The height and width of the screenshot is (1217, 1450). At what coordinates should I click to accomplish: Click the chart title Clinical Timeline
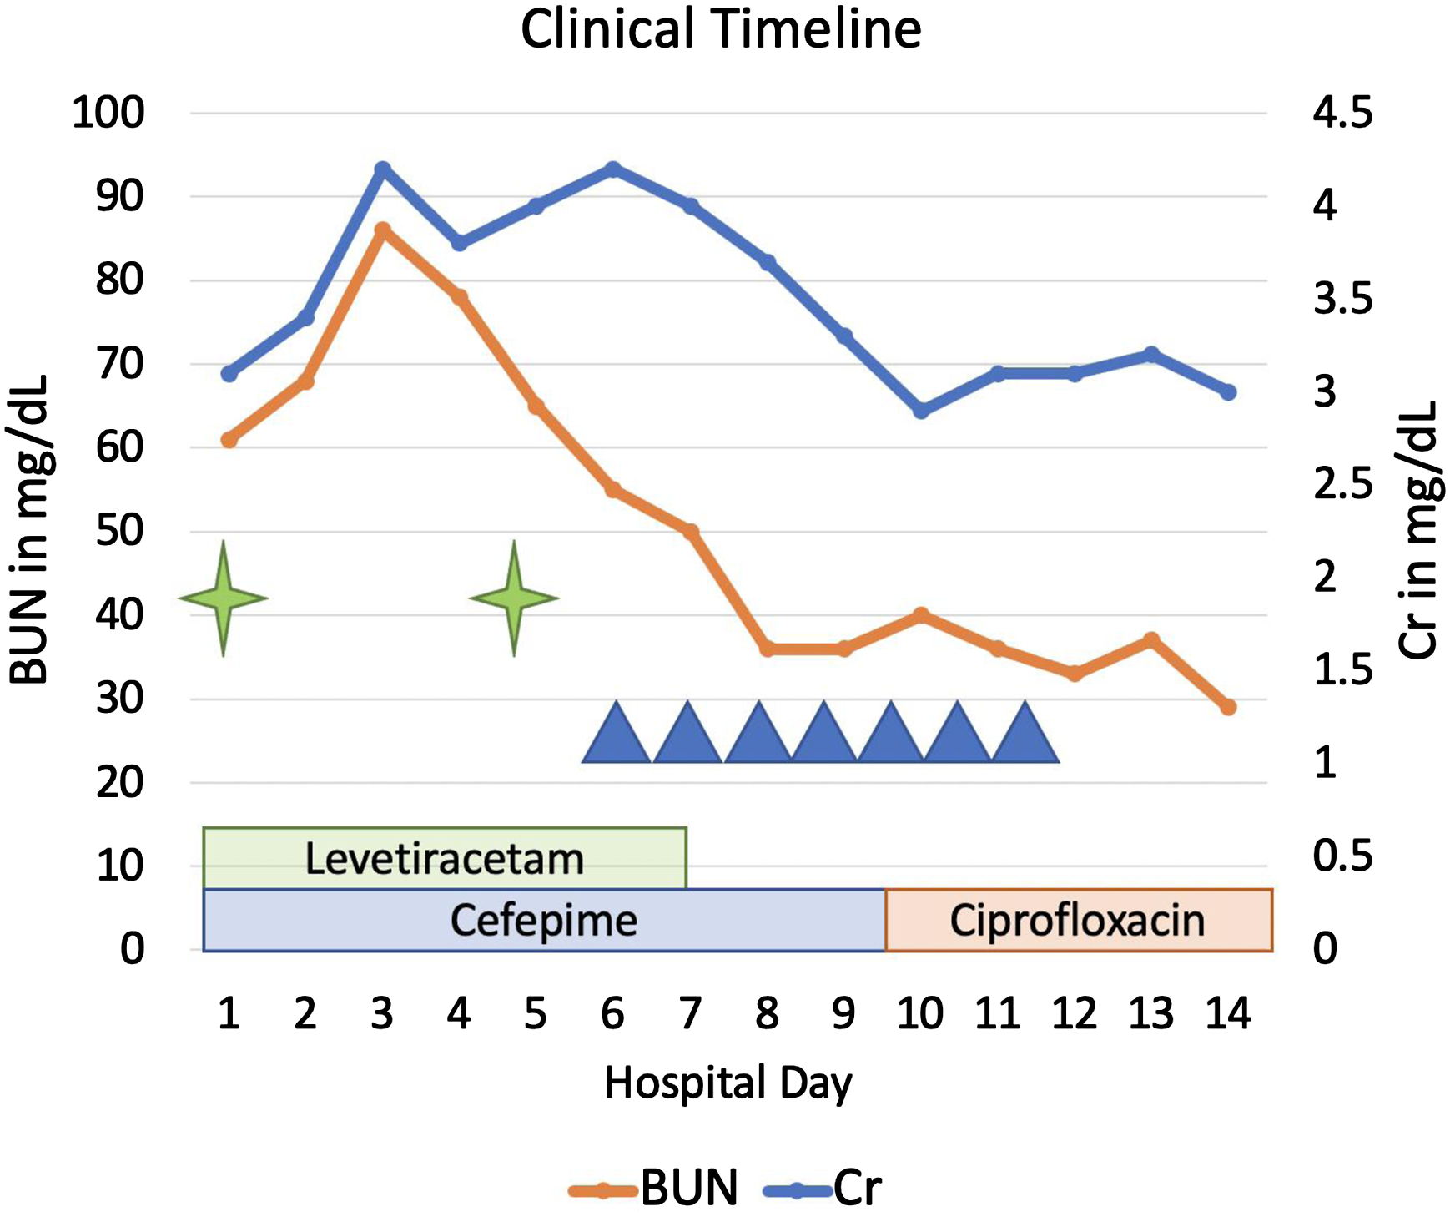(x=721, y=29)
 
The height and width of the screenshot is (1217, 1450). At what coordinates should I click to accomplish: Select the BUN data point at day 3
(x=382, y=230)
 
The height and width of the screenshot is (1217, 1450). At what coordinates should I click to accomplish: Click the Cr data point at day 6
(x=613, y=169)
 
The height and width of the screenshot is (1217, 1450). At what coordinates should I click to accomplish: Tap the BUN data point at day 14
(x=1228, y=707)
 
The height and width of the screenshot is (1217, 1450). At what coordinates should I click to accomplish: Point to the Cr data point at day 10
(x=921, y=411)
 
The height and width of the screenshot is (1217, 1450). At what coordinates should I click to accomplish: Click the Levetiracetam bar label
(x=444, y=859)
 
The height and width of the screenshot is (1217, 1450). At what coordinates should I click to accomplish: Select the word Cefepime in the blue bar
(x=544, y=921)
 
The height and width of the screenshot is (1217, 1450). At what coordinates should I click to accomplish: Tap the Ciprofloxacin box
(x=1079, y=921)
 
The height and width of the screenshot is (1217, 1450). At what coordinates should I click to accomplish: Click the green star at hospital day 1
(x=223, y=598)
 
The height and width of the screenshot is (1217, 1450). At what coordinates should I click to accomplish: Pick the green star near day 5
(x=514, y=598)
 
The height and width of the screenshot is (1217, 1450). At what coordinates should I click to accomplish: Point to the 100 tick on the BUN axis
(x=108, y=113)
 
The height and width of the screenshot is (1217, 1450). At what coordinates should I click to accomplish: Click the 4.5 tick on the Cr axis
(x=1342, y=113)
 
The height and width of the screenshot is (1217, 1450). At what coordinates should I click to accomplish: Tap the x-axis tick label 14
(x=1228, y=1013)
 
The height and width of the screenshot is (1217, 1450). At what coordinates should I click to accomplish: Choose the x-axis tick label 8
(x=767, y=1013)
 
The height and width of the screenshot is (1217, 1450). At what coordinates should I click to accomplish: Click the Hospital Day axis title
(x=728, y=1083)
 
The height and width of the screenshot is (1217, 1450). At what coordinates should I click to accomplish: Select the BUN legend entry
(x=654, y=1188)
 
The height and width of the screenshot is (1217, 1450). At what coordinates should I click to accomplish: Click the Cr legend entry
(x=823, y=1188)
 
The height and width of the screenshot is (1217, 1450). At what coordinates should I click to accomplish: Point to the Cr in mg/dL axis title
(x=1417, y=530)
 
